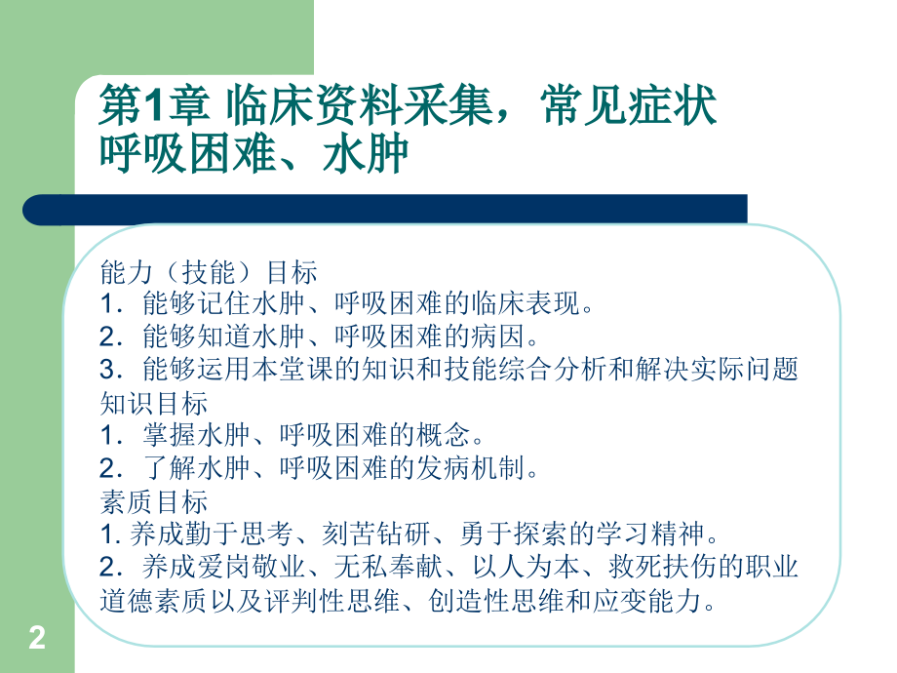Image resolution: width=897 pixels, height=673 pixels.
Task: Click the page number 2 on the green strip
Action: [37, 640]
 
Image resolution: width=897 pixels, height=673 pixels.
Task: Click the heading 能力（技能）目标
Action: [209, 270]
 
